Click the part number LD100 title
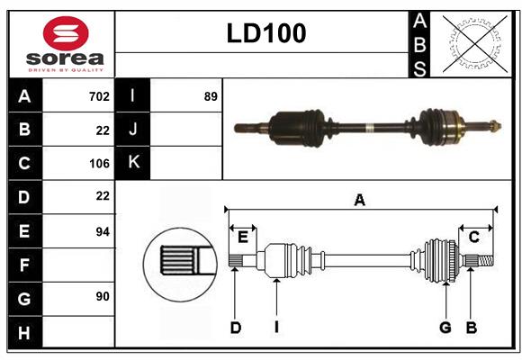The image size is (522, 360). coord(266,33)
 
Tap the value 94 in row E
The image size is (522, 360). coord(102,231)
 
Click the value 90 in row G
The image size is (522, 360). coord(102,296)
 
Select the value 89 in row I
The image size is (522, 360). coord(211,96)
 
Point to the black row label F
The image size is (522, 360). coord(24,265)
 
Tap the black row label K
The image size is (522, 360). coord(133,163)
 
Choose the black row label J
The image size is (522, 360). coord(133,130)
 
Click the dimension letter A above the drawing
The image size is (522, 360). coord(360,201)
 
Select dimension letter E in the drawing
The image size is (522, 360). coord(243,237)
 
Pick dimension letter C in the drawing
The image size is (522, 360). coord(473,237)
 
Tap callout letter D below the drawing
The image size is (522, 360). coord(235,328)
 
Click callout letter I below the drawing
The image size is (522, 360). coord(276,328)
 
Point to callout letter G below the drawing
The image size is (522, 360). coord(445,328)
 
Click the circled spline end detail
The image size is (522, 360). coord(180,262)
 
